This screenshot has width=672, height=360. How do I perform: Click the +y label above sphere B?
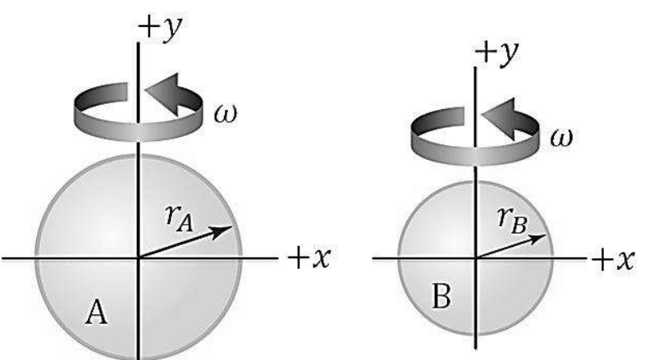pos(497,53)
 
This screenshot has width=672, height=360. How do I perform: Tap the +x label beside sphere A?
pos(309,258)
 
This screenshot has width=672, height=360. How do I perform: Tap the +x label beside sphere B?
pos(613,259)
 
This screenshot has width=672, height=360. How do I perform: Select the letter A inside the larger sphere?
pos(96,312)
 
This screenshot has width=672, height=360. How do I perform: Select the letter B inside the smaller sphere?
pos(441,296)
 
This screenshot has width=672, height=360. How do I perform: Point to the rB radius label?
pos(513,221)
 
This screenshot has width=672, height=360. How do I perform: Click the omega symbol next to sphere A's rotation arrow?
pos(225,114)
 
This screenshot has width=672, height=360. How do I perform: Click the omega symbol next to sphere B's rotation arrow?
pos(561,139)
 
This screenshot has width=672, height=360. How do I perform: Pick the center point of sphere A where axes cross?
pos(138,258)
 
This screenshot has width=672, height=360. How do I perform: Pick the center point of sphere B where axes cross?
pos(475,258)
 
